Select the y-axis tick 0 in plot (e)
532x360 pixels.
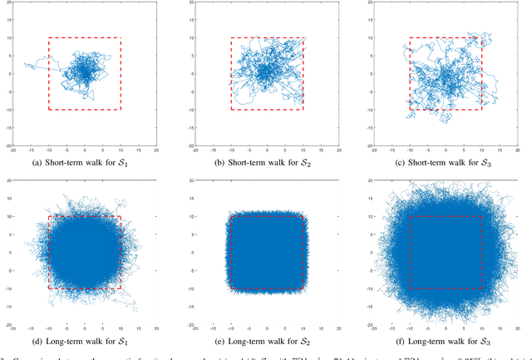(x=190, y=253)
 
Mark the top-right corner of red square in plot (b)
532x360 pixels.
(x=303, y=37)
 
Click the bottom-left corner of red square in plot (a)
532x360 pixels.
(x=48, y=110)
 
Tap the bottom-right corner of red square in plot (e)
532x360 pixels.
(x=303, y=288)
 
